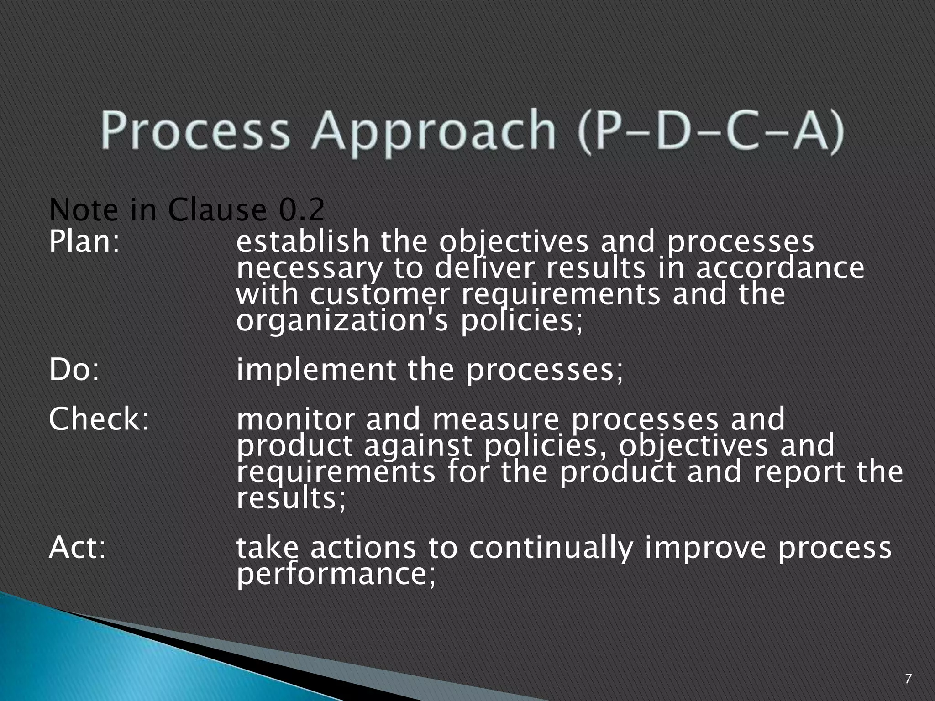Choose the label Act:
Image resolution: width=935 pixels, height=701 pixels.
click(x=77, y=547)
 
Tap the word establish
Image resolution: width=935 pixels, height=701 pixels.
click(x=302, y=241)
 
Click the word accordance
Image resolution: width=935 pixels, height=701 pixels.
click(x=780, y=268)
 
